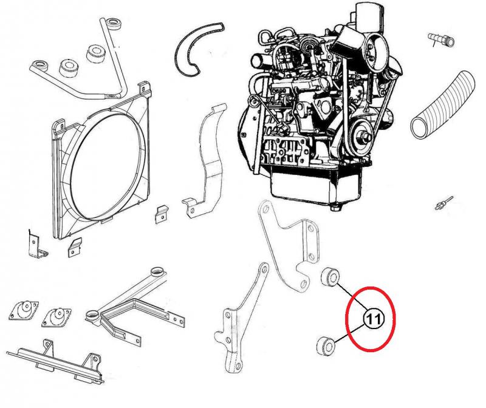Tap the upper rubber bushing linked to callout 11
click(x=330, y=277)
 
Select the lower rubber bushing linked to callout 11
click(x=326, y=346)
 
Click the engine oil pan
click(x=316, y=186)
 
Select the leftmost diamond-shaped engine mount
click(x=24, y=310)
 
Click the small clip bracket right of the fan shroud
click(x=161, y=214)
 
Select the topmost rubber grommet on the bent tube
click(x=112, y=25)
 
